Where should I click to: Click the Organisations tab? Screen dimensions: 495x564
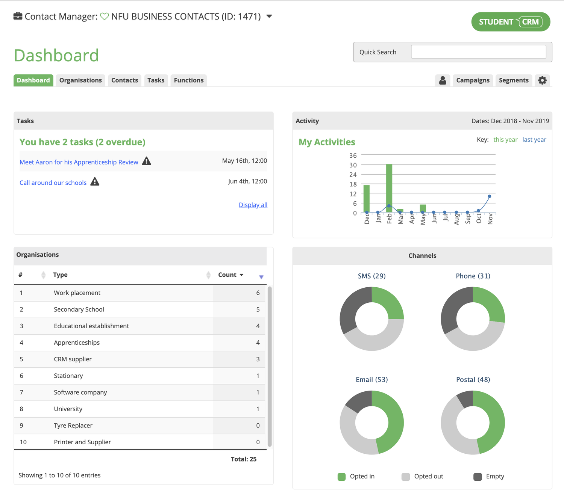click(x=80, y=80)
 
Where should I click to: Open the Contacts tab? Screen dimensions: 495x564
click(x=124, y=80)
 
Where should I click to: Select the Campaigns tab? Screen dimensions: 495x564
click(x=473, y=80)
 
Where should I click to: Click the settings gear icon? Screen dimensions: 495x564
click(x=542, y=80)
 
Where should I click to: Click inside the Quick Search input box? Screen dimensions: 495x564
click(x=478, y=52)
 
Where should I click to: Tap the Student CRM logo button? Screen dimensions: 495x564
click(x=511, y=22)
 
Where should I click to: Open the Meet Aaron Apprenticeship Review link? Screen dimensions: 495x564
click(x=79, y=162)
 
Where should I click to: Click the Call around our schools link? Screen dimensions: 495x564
click(x=53, y=183)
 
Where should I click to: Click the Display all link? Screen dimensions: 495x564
click(x=253, y=205)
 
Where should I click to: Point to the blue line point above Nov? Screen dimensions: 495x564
click(x=489, y=196)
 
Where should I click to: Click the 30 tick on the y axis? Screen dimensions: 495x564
click(x=353, y=165)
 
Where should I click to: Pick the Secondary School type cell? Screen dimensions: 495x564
click(x=79, y=309)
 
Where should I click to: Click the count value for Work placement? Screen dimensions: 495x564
click(x=258, y=293)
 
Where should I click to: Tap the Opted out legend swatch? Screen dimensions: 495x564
click(x=406, y=477)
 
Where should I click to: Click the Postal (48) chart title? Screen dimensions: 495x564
click(x=473, y=380)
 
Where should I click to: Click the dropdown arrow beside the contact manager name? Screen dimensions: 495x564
click(x=269, y=17)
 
